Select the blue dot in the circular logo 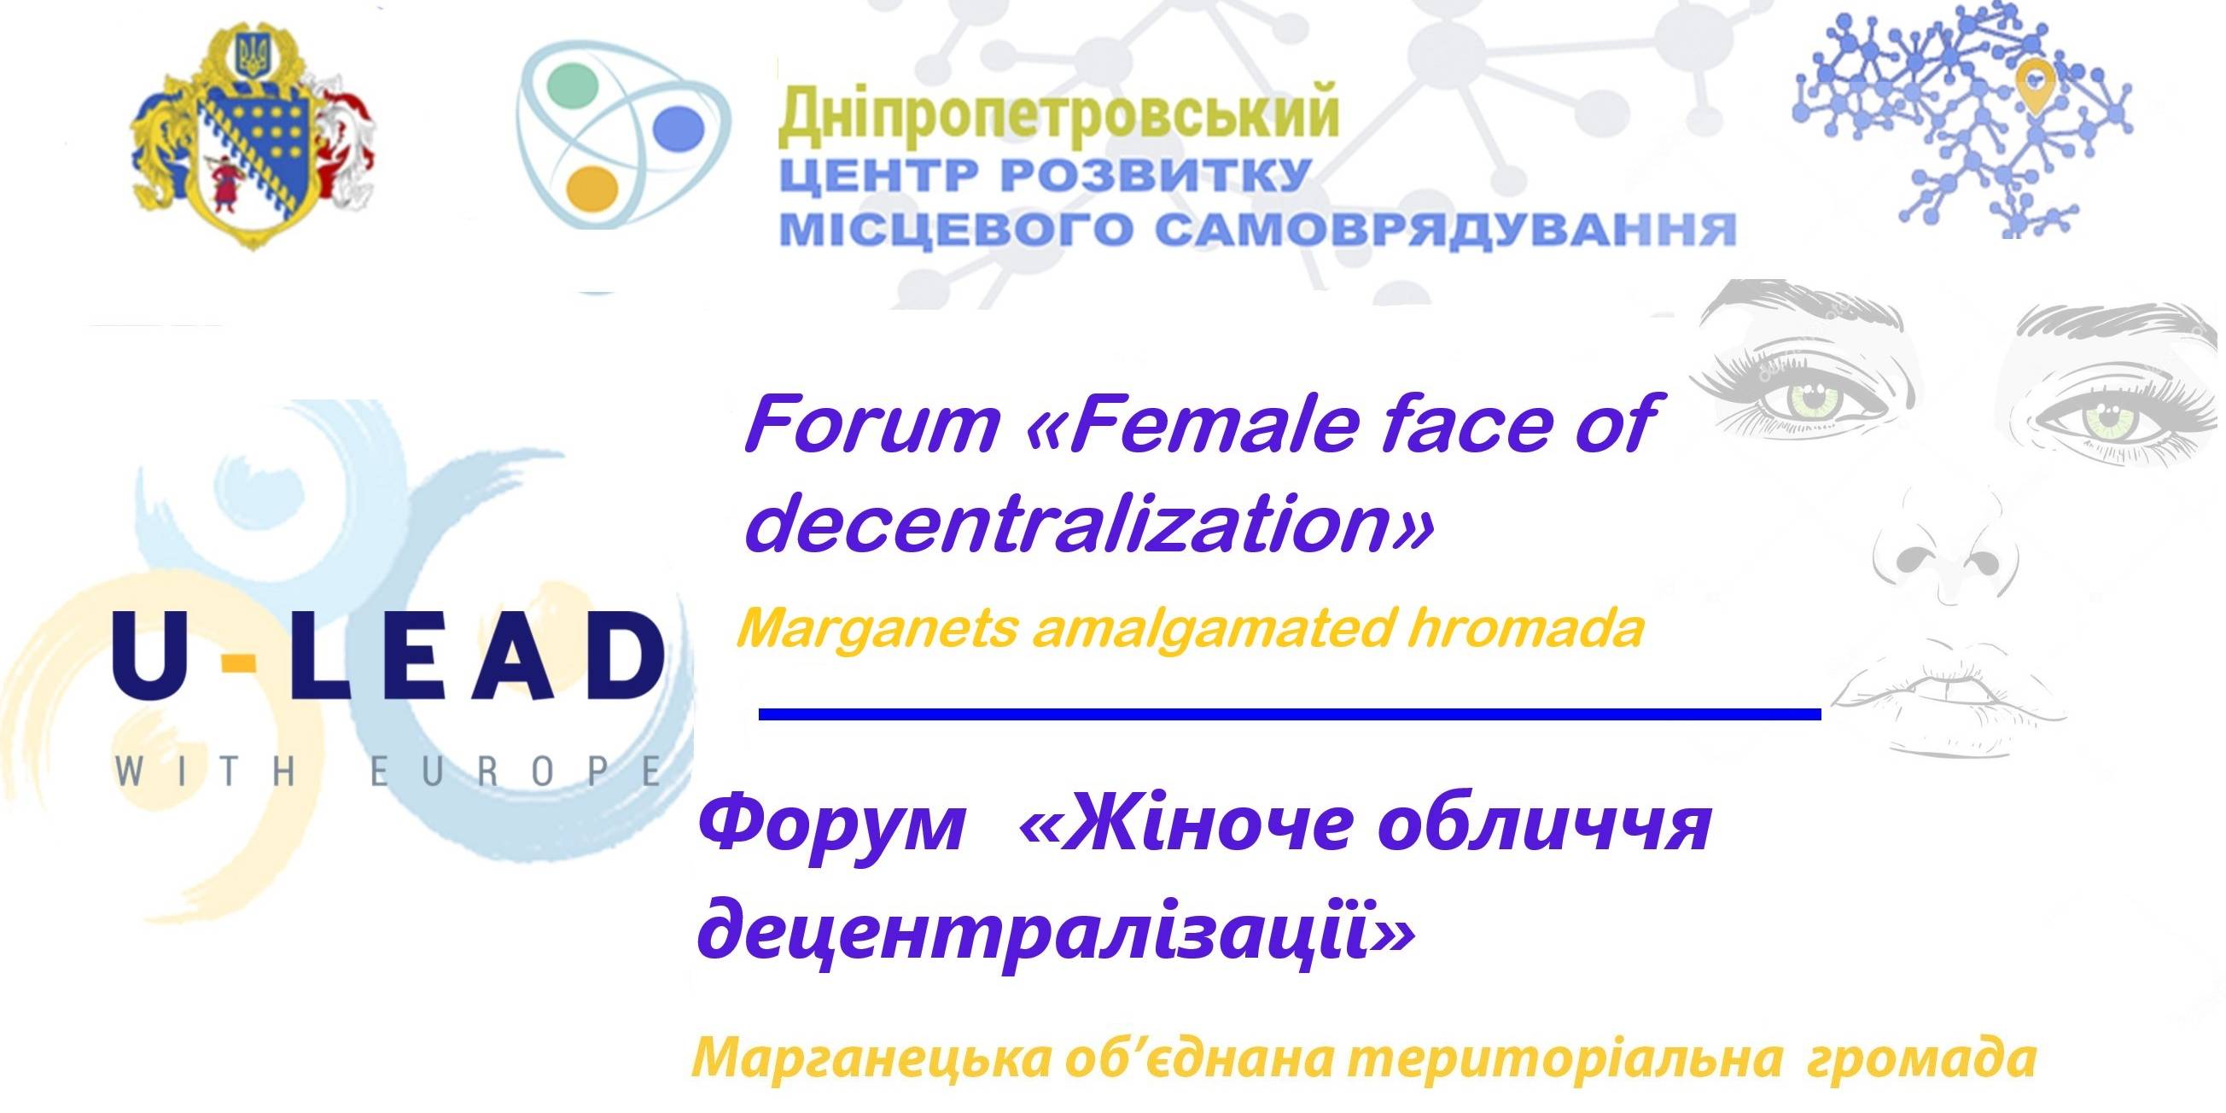680,128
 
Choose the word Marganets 877,628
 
